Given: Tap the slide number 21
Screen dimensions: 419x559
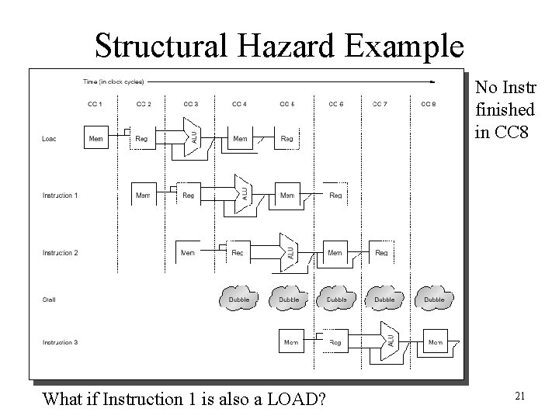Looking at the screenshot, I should point(520,396).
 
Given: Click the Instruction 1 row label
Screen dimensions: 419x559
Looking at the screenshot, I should point(60,196).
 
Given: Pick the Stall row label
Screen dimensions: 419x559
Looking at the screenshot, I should point(48,299).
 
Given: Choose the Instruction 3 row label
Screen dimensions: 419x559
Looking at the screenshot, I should point(60,341).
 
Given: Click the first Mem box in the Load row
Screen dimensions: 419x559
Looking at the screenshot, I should point(95,139).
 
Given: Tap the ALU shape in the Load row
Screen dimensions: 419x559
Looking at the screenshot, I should point(192,136).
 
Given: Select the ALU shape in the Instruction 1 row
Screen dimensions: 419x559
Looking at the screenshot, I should point(241,192).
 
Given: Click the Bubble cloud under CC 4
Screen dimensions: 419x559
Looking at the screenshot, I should point(240,300).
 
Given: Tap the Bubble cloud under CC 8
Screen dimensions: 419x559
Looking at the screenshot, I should point(433,300).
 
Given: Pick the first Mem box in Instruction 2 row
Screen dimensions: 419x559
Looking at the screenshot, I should point(188,253).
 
